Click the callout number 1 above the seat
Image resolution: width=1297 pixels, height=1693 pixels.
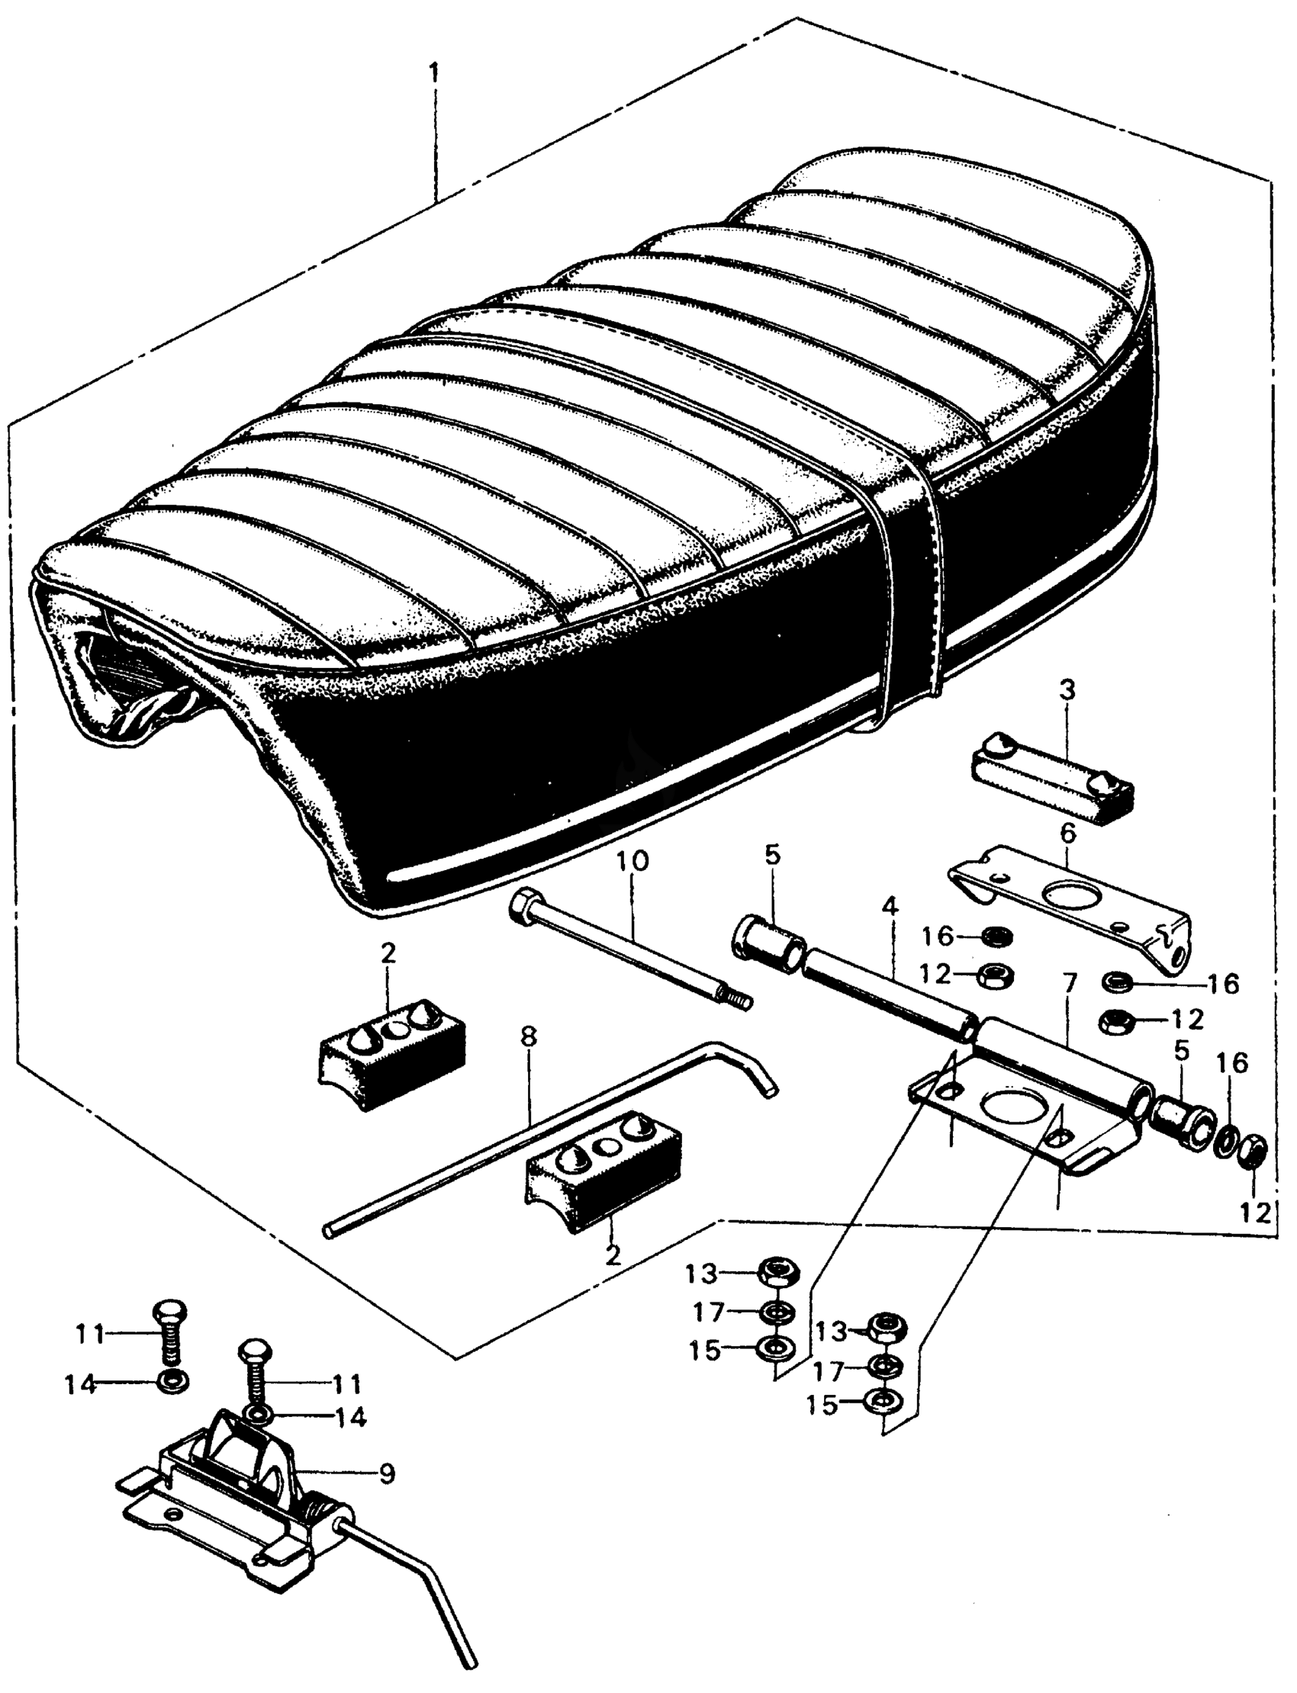(435, 75)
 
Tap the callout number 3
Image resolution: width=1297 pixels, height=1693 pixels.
(1066, 690)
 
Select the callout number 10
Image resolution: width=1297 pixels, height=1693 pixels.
(633, 860)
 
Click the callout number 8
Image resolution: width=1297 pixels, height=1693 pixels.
(527, 1038)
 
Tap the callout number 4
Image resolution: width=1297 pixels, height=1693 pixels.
(890, 908)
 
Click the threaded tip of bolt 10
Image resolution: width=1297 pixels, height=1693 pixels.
(742, 1003)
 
